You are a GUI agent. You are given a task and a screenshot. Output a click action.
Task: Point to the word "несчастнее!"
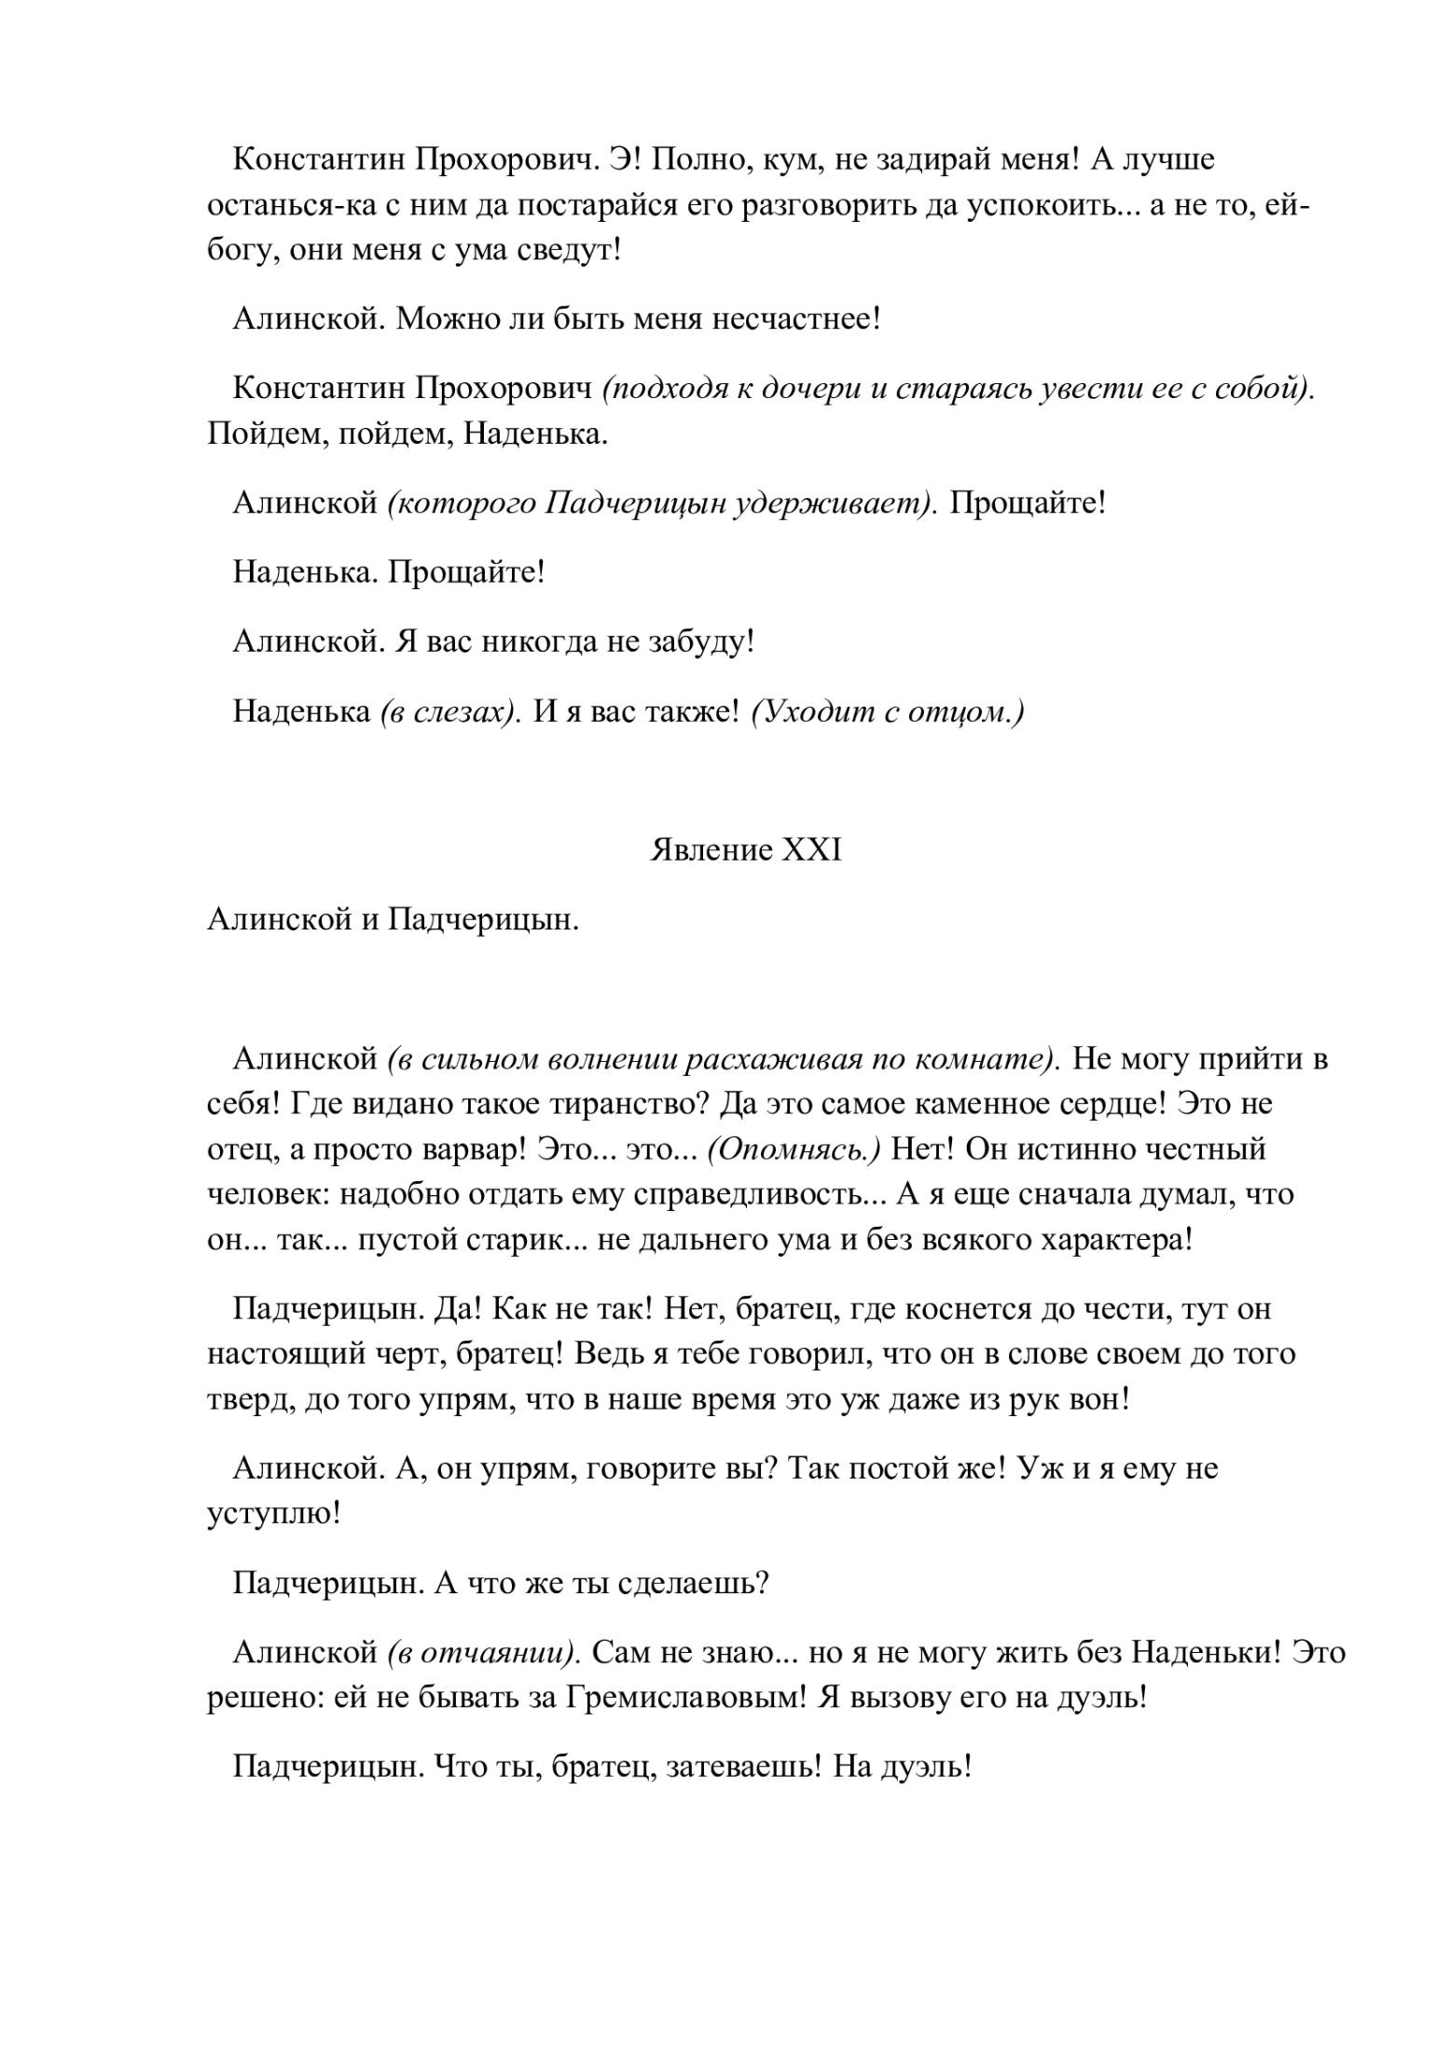796,320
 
